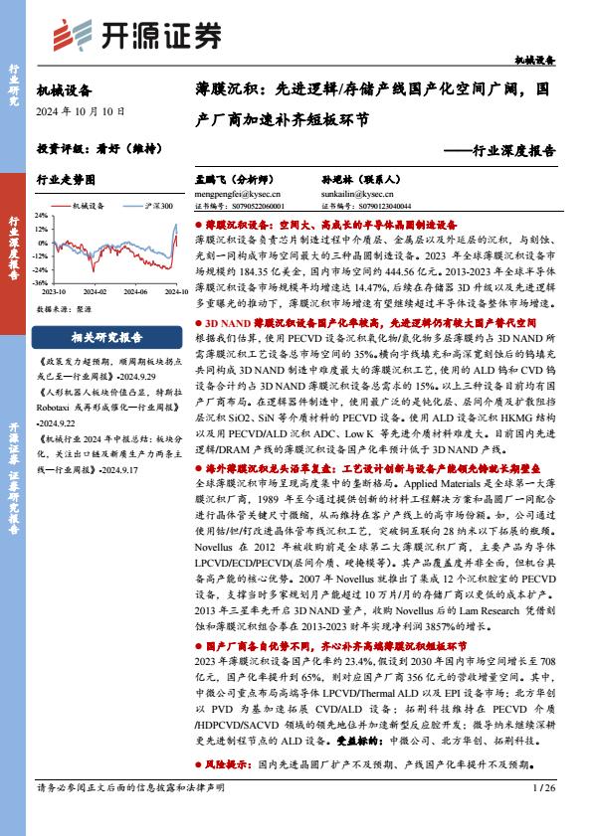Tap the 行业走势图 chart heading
(66, 181)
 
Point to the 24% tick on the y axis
(41, 214)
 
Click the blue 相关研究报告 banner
(107, 337)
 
